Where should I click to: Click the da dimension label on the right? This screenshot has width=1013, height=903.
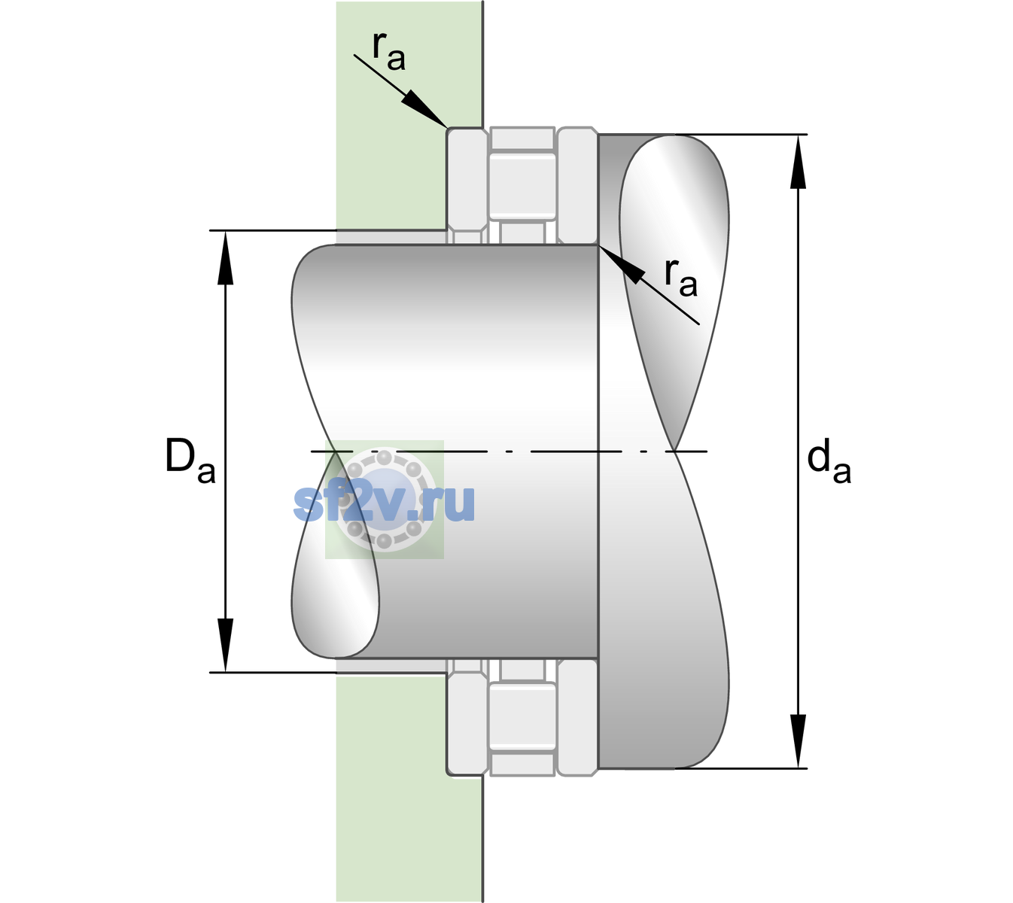coord(829,461)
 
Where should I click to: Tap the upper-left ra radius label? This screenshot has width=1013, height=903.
coord(388,51)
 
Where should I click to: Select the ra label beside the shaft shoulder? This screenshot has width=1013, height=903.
coord(680,278)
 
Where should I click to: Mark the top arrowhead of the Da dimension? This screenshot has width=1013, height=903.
coord(226,257)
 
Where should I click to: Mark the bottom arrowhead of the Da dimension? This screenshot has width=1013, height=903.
coord(226,646)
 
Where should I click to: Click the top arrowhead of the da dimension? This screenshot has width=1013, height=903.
coord(798,162)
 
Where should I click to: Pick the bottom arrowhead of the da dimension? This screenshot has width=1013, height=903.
coord(798,741)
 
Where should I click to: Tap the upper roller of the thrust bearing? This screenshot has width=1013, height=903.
coord(522,186)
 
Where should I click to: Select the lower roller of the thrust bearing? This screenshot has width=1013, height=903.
coord(522,716)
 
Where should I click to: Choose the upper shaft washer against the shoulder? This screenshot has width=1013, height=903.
coord(577,186)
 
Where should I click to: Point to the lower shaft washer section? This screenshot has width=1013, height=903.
coord(577,716)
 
